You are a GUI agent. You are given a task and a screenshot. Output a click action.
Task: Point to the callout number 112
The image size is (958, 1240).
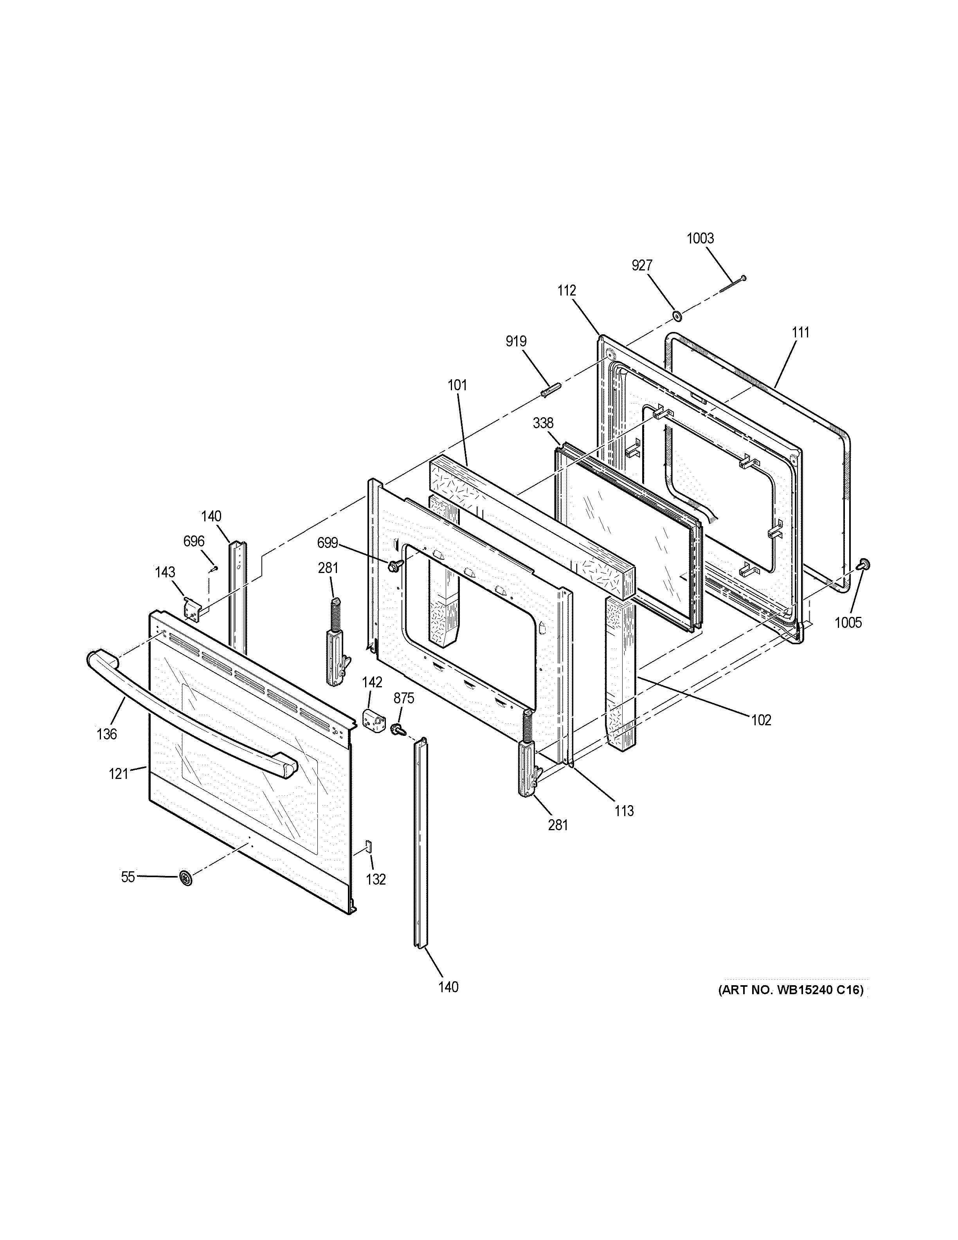coord(566,291)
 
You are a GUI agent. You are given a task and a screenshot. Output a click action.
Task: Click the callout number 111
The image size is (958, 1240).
coord(800,333)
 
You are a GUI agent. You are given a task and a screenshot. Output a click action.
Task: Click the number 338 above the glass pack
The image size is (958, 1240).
coord(543,423)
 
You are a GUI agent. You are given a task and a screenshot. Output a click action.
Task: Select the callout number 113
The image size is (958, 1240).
coord(624,811)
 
